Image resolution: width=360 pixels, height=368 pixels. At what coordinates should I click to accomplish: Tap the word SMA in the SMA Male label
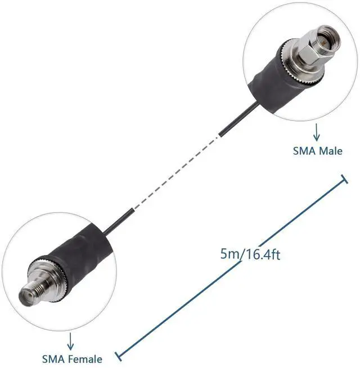pyautogui.click(x=304, y=151)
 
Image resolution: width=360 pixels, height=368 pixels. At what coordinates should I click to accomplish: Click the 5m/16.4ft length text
pyautogui.click(x=250, y=254)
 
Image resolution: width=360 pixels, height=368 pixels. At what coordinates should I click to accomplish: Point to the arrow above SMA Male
pyautogui.click(x=317, y=133)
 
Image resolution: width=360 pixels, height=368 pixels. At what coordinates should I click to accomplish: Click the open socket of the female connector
pyautogui.click(x=26, y=293)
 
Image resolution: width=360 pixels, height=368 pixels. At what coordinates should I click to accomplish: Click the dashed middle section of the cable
pyautogui.click(x=174, y=174)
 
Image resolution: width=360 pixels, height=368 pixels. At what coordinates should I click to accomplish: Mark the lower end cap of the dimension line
pyautogui.click(x=119, y=355)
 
